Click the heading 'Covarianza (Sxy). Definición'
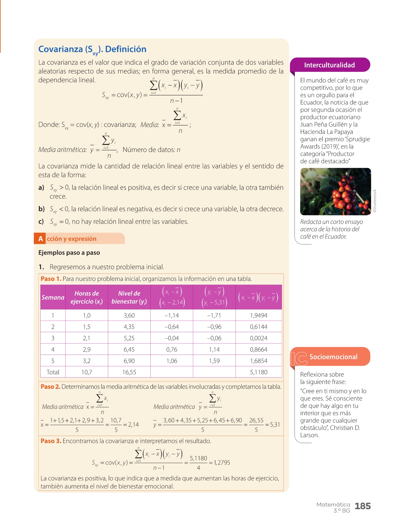coord(92,49)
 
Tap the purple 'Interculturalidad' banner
coord(329,65)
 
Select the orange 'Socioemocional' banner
coord(333,357)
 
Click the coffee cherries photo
coord(335,191)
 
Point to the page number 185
coord(362,506)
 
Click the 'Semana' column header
coord(53,297)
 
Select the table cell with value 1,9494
coord(259,315)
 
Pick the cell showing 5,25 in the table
coord(129,338)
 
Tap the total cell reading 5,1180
coord(259,372)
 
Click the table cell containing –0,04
coord(172,338)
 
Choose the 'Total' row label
coord(53,372)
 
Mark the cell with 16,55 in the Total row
coord(129,372)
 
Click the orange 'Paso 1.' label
coord(51,279)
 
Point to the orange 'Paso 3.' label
coord(51,441)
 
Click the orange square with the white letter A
coord(40,239)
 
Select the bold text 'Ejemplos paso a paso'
coord(69,253)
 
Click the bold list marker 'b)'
coord(42,209)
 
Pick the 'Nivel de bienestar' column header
coord(129,297)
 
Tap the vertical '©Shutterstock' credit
coord(375,201)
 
